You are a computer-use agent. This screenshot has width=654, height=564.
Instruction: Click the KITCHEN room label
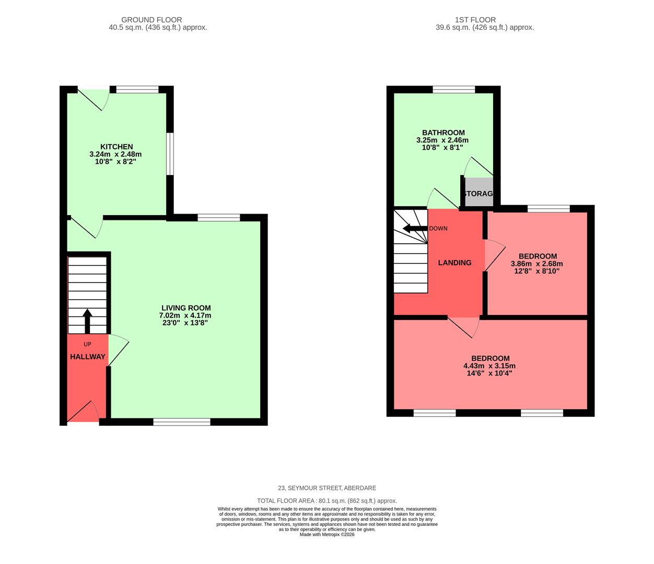[x=116, y=147]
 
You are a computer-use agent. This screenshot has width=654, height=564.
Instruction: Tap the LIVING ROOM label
[x=185, y=308]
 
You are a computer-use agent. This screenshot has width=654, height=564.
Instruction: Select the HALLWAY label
[x=88, y=357]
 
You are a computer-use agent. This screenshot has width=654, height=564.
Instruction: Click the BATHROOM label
[x=443, y=133]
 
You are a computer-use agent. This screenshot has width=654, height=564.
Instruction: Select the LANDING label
[x=454, y=263]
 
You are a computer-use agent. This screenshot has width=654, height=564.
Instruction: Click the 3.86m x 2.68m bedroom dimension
[x=537, y=264]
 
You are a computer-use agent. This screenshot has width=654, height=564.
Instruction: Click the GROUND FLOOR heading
[x=158, y=20]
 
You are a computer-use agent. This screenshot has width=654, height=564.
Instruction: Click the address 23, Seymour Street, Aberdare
[x=326, y=488]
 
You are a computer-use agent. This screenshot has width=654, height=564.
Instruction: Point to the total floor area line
[x=326, y=500]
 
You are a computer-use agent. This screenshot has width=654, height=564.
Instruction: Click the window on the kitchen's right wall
[x=170, y=154]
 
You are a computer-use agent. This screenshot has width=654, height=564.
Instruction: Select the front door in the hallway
[x=83, y=413]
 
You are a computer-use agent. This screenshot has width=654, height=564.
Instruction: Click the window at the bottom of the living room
[x=182, y=421]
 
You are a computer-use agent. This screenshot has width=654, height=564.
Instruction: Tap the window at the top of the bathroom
[x=453, y=90]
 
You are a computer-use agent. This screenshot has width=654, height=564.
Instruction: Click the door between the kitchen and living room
[x=86, y=227]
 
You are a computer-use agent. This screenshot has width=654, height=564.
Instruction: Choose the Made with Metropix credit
[x=326, y=534]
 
